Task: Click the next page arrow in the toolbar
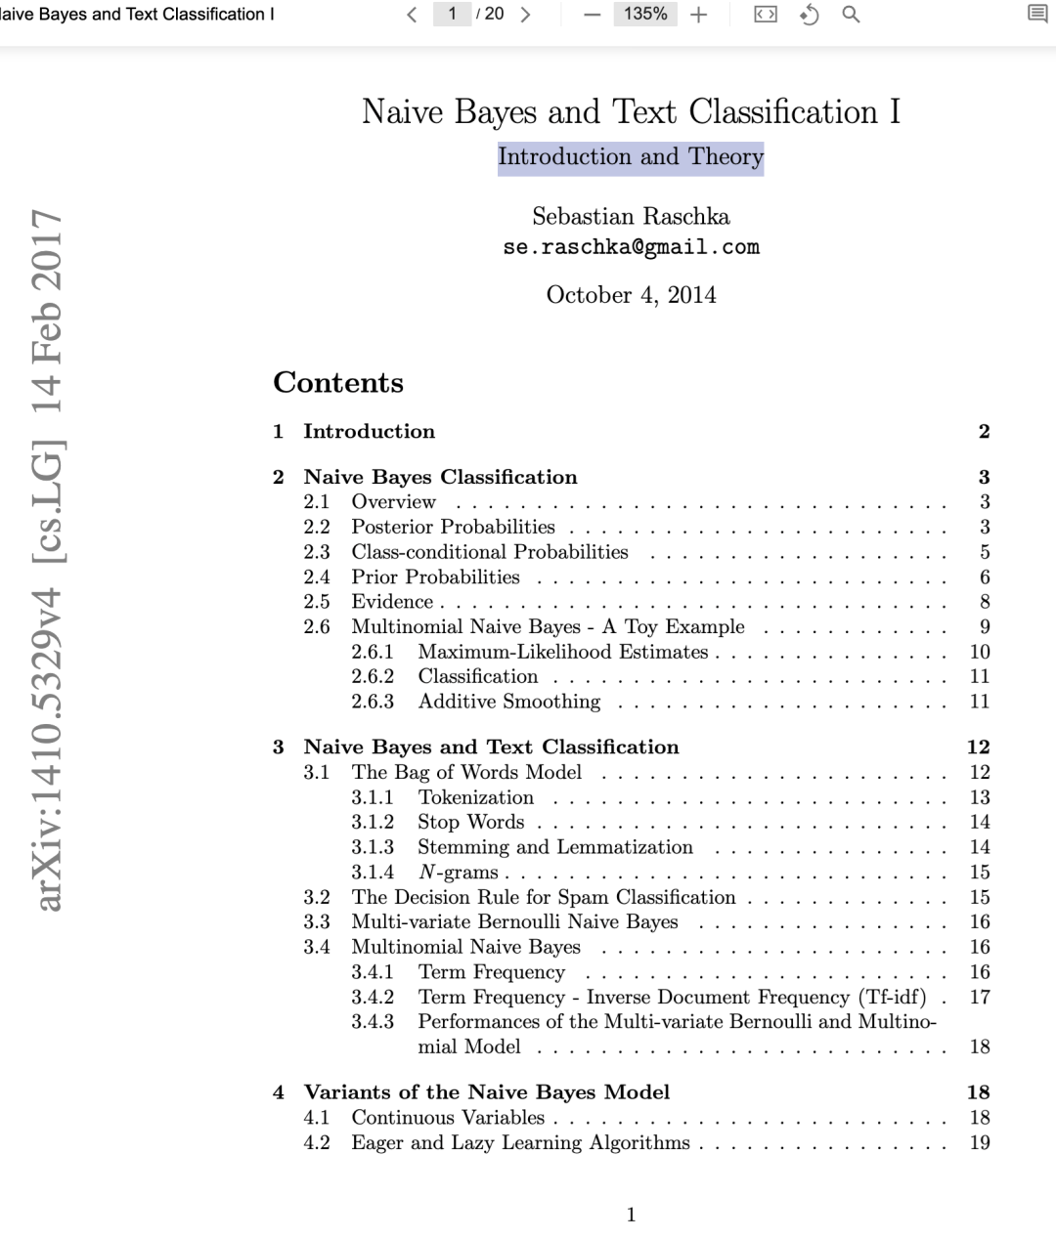pyautogui.click(x=526, y=14)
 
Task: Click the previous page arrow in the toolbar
pyautogui.click(x=412, y=14)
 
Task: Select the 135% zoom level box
pyautogui.click(x=645, y=14)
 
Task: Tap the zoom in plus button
pyautogui.click(x=698, y=14)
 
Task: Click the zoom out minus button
pyautogui.click(x=592, y=14)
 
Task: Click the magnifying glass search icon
pyautogui.click(x=851, y=14)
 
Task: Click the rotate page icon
pyautogui.click(x=809, y=14)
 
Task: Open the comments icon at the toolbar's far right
pyautogui.click(x=1037, y=14)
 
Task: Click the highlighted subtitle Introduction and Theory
pyautogui.click(x=631, y=156)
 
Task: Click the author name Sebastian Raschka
pyautogui.click(x=631, y=216)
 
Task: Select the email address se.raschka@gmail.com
pyautogui.click(x=631, y=247)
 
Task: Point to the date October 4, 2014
pyautogui.click(x=631, y=295)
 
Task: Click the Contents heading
pyautogui.click(x=338, y=382)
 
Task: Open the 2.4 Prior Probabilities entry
pyautogui.click(x=435, y=577)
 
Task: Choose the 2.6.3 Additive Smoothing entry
pyautogui.click(x=508, y=702)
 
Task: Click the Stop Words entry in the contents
pyautogui.click(x=470, y=823)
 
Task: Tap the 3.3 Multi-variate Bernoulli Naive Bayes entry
pyautogui.click(x=514, y=922)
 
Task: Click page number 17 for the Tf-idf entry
pyautogui.click(x=980, y=998)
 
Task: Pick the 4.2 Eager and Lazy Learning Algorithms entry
pyautogui.click(x=520, y=1143)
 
